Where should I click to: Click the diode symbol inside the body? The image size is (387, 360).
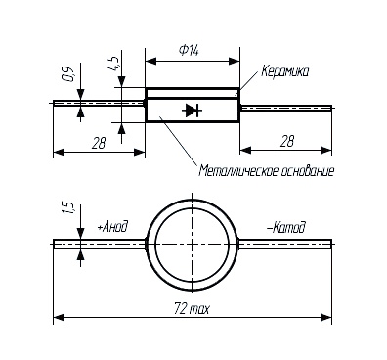(193, 111)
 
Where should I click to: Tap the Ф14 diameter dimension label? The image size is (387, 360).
(189, 51)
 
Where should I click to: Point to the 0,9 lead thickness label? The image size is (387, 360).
(70, 74)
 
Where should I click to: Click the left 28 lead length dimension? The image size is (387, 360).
(99, 143)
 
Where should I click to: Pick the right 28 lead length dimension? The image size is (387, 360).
(286, 141)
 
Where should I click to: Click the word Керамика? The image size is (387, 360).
(284, 71)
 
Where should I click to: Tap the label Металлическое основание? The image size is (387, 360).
(267, 171)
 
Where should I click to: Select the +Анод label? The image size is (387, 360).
(112, 227)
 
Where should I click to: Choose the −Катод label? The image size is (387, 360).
(286, 227)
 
